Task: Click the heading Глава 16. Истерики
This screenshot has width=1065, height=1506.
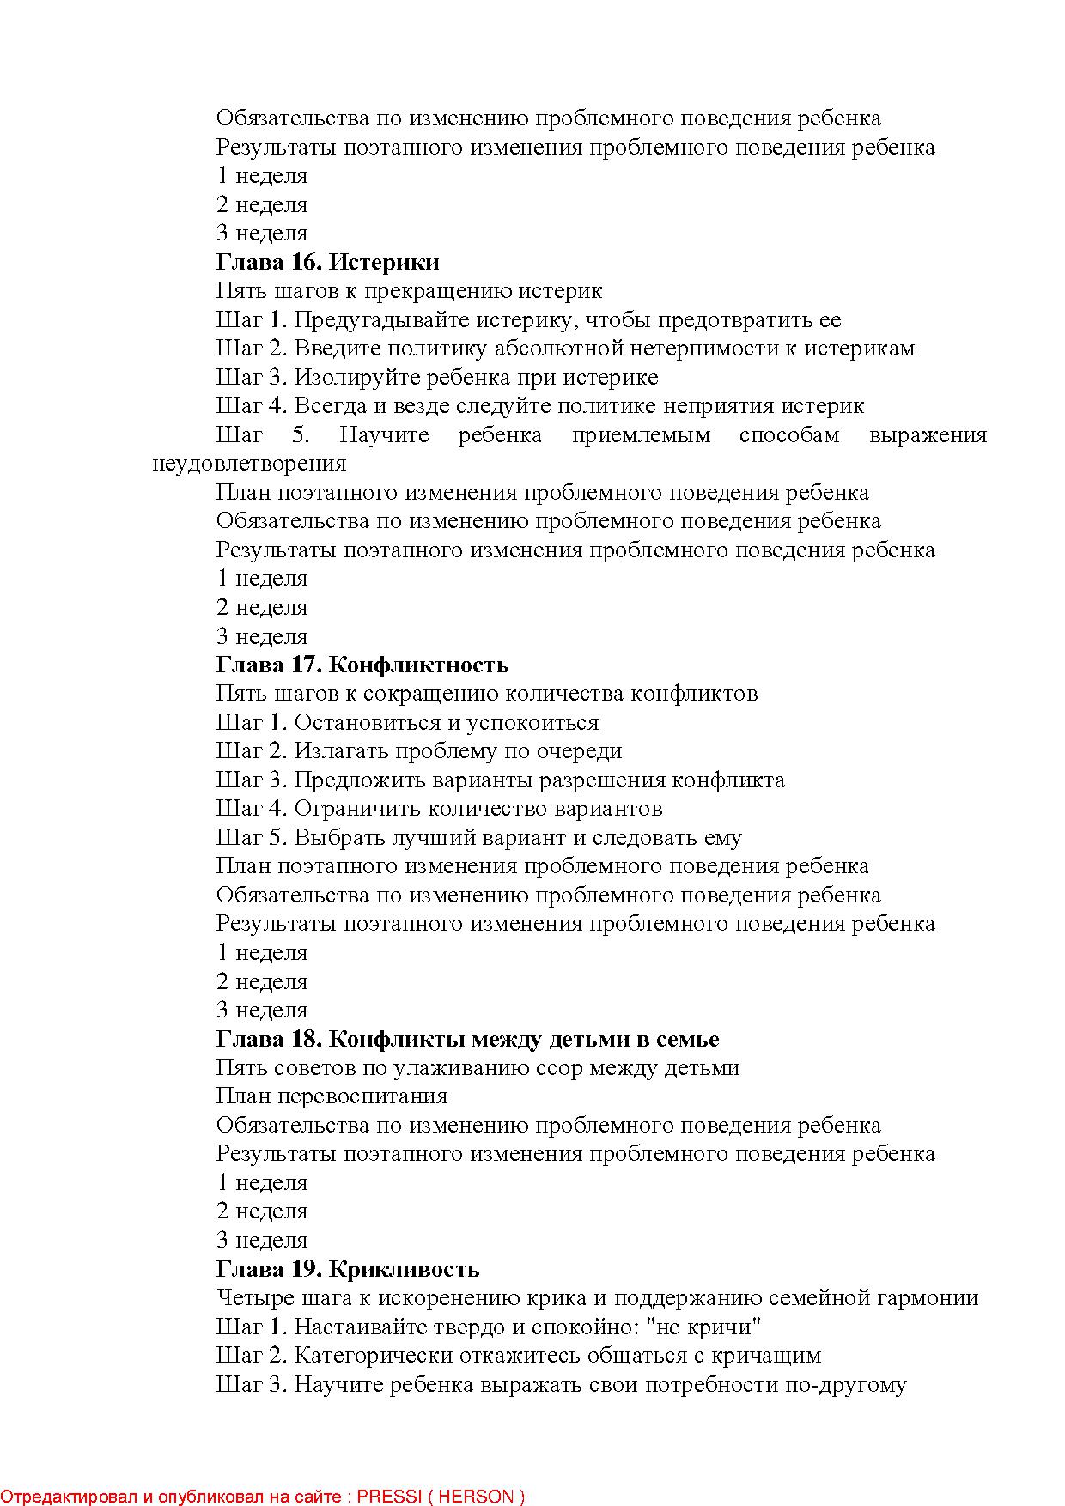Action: (327, 262)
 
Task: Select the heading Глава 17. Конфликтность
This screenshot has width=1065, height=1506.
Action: (362, 665)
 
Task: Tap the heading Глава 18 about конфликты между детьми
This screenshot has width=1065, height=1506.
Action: (467, 1039)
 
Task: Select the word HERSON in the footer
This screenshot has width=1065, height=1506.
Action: (476, 1497)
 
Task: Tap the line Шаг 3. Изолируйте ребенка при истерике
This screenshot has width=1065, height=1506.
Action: (437, 377)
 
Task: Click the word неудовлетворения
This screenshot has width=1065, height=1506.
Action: (249, 464)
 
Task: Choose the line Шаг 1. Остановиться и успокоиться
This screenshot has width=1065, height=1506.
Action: (407, 722)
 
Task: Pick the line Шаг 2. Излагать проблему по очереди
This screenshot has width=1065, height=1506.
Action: (418, 751)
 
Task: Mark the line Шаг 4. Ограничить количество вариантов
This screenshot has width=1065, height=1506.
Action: (439, 809)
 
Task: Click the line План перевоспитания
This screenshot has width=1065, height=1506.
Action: (332, 1096)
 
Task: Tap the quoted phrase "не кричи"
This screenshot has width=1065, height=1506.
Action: (708, 1327)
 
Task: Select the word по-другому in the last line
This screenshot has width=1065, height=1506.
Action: (845, 1384)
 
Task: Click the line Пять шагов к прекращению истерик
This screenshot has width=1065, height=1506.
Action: (409, 291)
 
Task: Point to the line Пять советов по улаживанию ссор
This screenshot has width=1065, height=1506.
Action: (478, 1068)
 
